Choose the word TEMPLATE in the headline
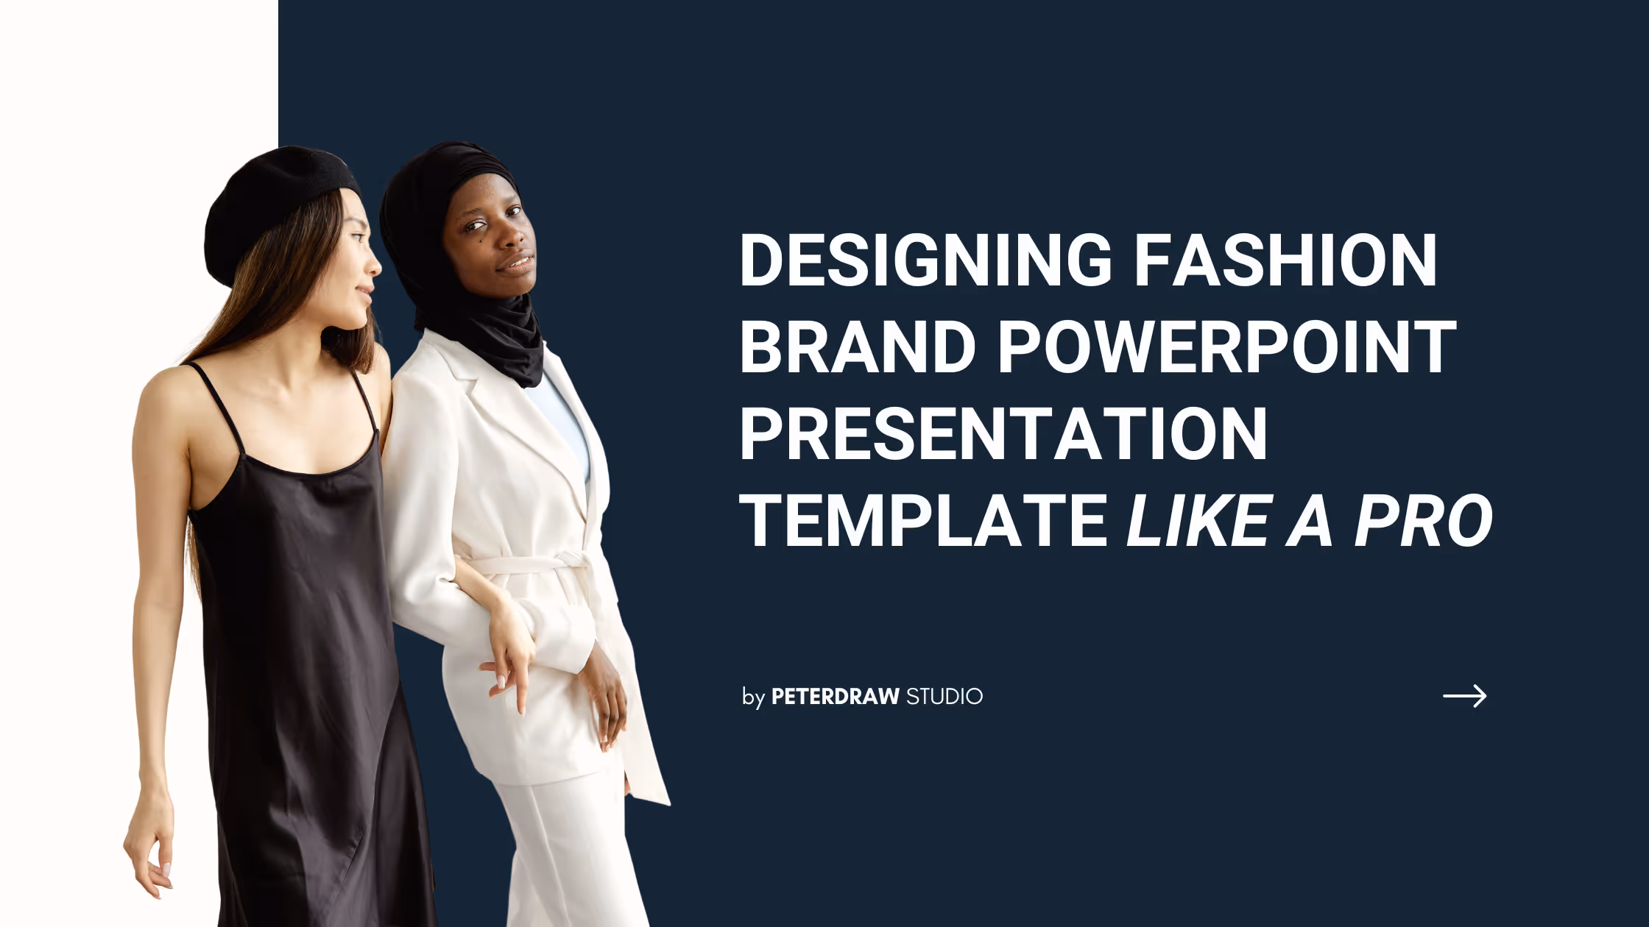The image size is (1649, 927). click(x=923, y=521)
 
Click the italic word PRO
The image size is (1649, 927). click(x=1423, y=521)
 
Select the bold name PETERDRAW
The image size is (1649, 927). click(x=835, y=696)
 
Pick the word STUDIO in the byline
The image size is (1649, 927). click(x=944, y=696)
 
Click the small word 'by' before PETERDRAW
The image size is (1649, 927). click(x=753, y=697)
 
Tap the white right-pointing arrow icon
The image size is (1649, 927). click(x=1464, y=695)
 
